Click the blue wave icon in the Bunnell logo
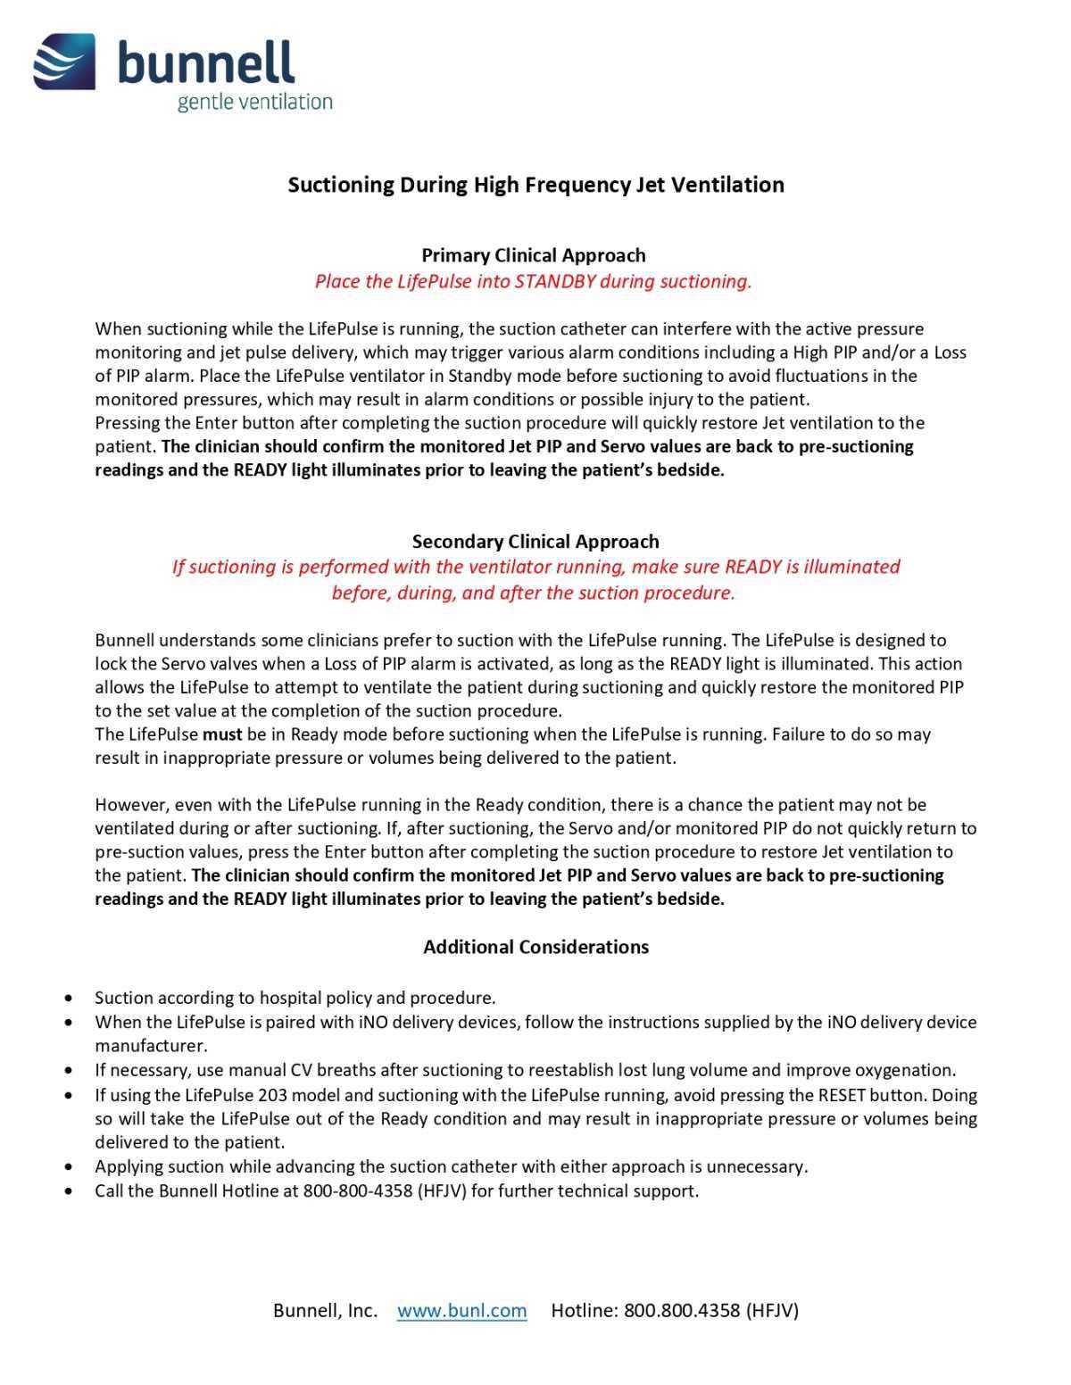64,62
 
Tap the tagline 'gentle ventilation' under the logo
254,102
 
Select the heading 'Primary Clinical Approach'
533,255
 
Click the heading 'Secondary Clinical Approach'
535,542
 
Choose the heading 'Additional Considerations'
535,947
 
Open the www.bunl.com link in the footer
461,1310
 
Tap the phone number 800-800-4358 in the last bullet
357,1191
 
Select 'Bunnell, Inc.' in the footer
325,1310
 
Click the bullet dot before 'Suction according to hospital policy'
70,999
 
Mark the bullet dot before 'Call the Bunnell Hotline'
70,1191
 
